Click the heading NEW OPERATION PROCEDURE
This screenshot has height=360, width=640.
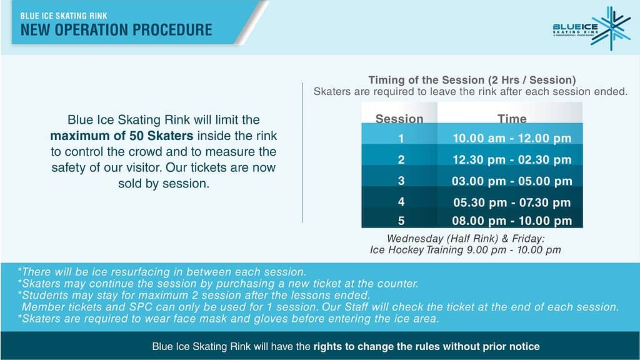point(116,30)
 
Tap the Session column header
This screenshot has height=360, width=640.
point(399,118)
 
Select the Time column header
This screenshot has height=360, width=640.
point(512,118)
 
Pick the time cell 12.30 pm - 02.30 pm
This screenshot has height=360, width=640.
point(512,159)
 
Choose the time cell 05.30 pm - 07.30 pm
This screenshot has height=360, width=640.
point(512,202)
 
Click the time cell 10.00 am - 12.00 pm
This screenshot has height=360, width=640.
point(512,138)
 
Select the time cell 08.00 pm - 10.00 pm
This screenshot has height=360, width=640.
point(512,221)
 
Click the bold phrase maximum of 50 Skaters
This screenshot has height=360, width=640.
point(122,136)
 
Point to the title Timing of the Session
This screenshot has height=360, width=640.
point(426,80)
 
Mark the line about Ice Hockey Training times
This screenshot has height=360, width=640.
point(465,250)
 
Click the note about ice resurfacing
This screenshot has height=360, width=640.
point(162,272)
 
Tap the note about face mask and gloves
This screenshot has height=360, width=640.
point(229,318)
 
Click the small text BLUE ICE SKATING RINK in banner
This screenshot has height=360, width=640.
point(64,16)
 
